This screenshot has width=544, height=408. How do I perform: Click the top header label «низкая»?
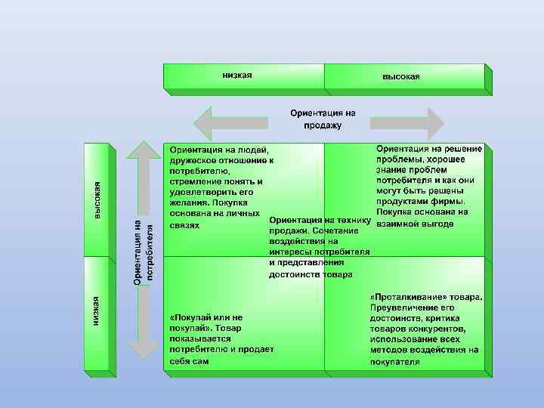click(x=236, y=75)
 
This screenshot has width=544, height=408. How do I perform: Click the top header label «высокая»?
click(x=400, y=76)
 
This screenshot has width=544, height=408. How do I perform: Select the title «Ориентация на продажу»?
click(x=323, y=119)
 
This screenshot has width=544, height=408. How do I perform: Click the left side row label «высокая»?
click(x=97, y=200)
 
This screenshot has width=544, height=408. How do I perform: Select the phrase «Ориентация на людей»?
click(x=218, y=150)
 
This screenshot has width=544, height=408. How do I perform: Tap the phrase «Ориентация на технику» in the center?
click(x=321, y=219)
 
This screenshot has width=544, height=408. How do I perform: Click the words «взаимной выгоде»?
click(x=415, y=224)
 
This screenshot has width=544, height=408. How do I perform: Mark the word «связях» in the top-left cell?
click(x=185, y=224)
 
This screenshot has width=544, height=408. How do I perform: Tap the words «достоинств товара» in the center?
click(x=311, y=274)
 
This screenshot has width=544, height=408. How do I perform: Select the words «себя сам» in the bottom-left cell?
click(x=189, y=361)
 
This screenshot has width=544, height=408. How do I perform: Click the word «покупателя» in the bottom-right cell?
click(x=395, y=361)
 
